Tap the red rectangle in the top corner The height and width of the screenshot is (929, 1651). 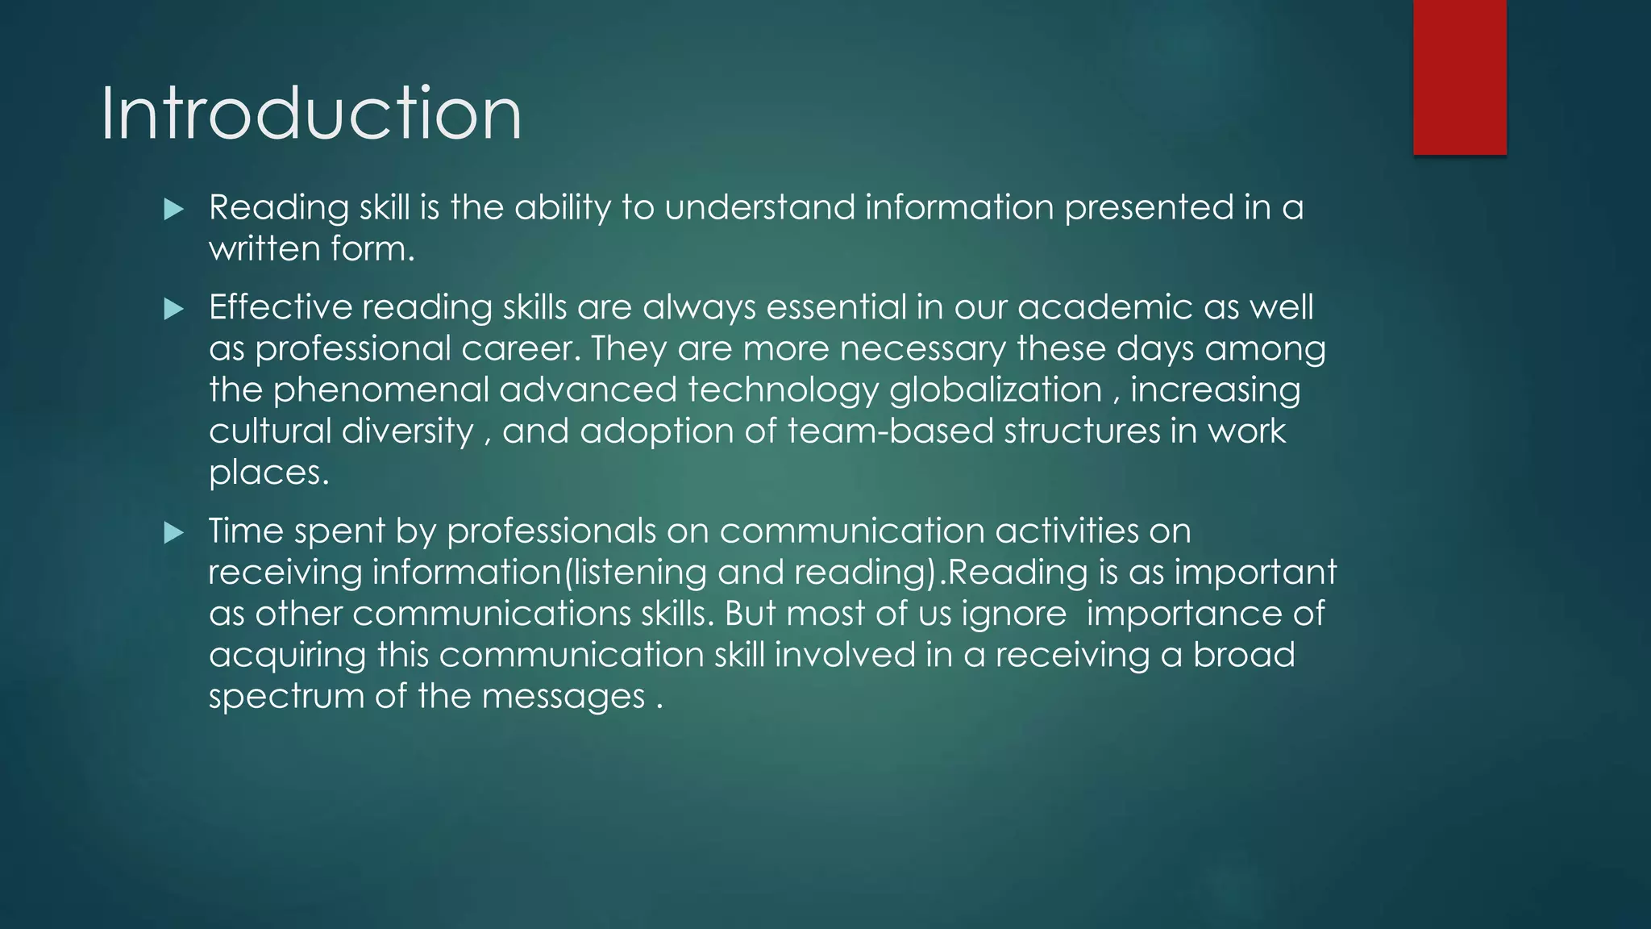pyautogui.click(x=1459, y=77)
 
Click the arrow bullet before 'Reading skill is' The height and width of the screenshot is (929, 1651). pyautogui.click(x=173, y=210)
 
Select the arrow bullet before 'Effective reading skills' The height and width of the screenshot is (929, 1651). pyautogui.click(x=173, y=309)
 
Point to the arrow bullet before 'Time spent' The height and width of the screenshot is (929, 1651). pyautogui.click(x=173, y=532)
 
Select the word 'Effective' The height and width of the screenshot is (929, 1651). pyautogui.click(x=281, y=307)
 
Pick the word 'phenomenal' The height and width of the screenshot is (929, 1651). pyautogui.click(x=381, y=390)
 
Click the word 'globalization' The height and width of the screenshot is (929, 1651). pyautogui.click(x=996, y=390)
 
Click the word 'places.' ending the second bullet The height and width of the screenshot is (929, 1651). pyautogui.click(x=269, y=473)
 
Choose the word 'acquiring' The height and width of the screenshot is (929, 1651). pyautogui.click(x=288, y=656)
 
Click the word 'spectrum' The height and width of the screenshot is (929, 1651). pyautogui.click(x=287, y=697)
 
